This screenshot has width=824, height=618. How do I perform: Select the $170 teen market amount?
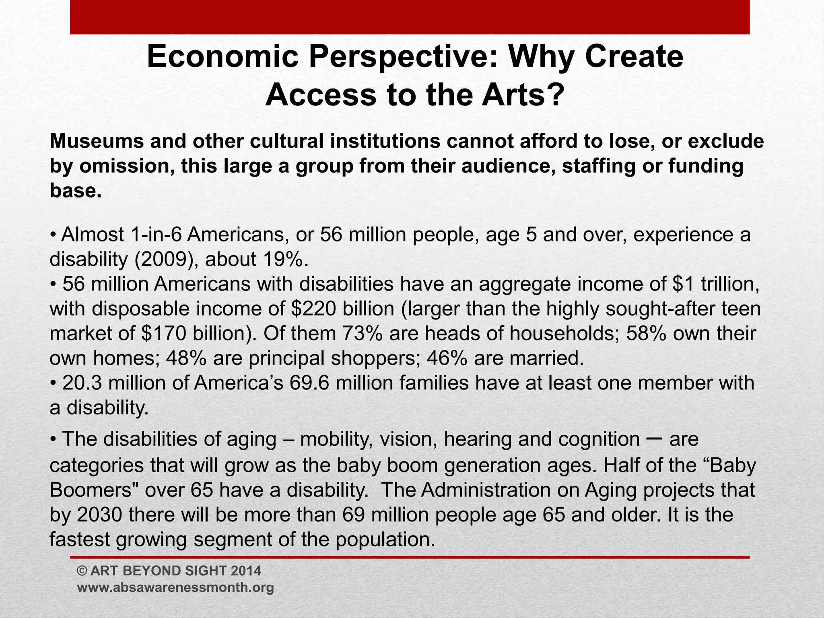(x=162, y=334)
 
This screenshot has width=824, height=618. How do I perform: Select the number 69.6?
(x=309, y=383)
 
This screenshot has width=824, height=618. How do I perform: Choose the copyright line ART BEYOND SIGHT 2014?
(x=169, y=571)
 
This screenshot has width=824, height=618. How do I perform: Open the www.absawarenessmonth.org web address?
(x=175, y=587)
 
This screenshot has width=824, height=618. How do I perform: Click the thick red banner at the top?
(x=410, y=17)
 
